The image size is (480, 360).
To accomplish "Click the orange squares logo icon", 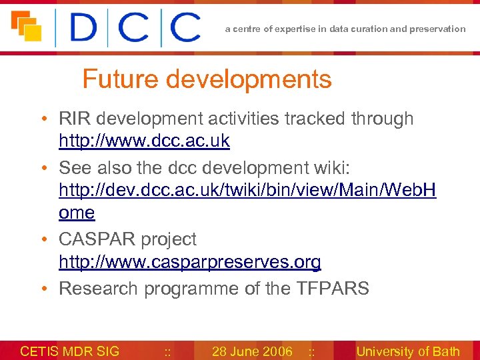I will pyautogui.click(x=27, y=26).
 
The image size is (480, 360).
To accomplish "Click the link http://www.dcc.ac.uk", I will pyautogui.click(x=144, y=141).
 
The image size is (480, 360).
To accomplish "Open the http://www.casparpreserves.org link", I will pyautogui.click(x=190, y=262).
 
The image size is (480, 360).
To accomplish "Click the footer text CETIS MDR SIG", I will pyautogui.click(x=70, y=351).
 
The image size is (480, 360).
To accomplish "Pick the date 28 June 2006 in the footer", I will pyautogui.click(x=252, y=351).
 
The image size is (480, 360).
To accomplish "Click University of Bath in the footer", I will pyautogui.click(x=408, y=351).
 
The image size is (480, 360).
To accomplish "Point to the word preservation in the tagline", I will pyautogui.click(x=439, y=29).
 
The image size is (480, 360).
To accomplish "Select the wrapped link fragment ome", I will pyautogui.click(x=77, y=213).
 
